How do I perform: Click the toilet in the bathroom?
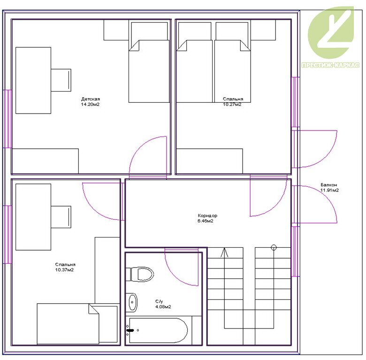coord(140,274)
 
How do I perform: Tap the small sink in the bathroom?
coord(132,302)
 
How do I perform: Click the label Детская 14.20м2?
coord(91,101)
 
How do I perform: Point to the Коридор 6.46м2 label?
coord(207,218)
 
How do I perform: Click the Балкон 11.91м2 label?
coord(329,187)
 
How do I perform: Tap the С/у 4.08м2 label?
coord(163,304)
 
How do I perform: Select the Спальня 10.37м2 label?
coord(65,267)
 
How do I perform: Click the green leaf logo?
coord(331,33)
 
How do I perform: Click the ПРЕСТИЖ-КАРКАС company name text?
coord(330,65)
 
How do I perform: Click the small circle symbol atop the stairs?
coord(274,247)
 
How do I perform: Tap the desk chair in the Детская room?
coord(61,80)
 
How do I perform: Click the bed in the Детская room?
coord(149,62)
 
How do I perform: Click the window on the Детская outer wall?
coord(8,119)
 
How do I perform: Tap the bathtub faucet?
coord(130,330)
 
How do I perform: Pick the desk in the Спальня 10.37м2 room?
coord(33,217)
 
